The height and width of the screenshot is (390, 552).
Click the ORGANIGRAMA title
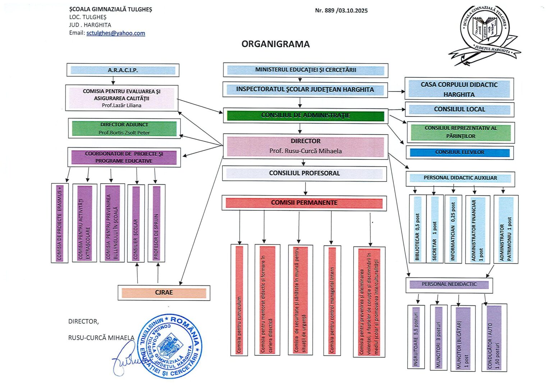pyautogui.click(x=275, y=44)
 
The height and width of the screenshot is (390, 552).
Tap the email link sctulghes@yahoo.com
pyautogui.click(x=116, y=33)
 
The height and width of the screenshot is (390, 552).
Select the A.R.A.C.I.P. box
pyautogui.click(x=123, y=70)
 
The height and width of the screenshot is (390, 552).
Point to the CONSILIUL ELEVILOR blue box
pyautogui.click(x=460, y=152)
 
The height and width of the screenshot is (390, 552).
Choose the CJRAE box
pyautogui.click(x=164, y=293)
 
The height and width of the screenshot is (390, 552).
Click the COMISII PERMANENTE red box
pyautogui.click(x=304, y=203)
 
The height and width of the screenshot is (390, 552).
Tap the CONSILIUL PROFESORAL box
pyautogui.click(x=304, y=173)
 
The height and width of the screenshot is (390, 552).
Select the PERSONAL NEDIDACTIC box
pyautogui.click(x=449, y=284)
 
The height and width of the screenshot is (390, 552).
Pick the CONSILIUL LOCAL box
pyautogui.click(x=459, y=109)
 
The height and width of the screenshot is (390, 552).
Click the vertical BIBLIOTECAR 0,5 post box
pyautogui.click(x=417, y=229)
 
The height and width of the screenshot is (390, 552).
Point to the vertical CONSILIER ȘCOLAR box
pyautogui.click(x=136, y=223)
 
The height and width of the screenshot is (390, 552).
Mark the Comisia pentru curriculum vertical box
pyautogui.click(x=239, y=300)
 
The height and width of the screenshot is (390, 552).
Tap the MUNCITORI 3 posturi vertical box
pyautogui.click(x=438, y=337)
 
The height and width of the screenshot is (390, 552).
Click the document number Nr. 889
pyautogui.click(x=325, y=10)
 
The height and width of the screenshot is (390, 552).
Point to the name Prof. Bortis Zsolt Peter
pyautogui.click(x=124, y=133)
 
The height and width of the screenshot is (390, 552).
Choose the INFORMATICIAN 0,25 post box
pyautogui.click(x=453, y=229)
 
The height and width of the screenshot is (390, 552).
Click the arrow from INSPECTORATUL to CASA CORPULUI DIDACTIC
pyautogui.click(x=396, y=91)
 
